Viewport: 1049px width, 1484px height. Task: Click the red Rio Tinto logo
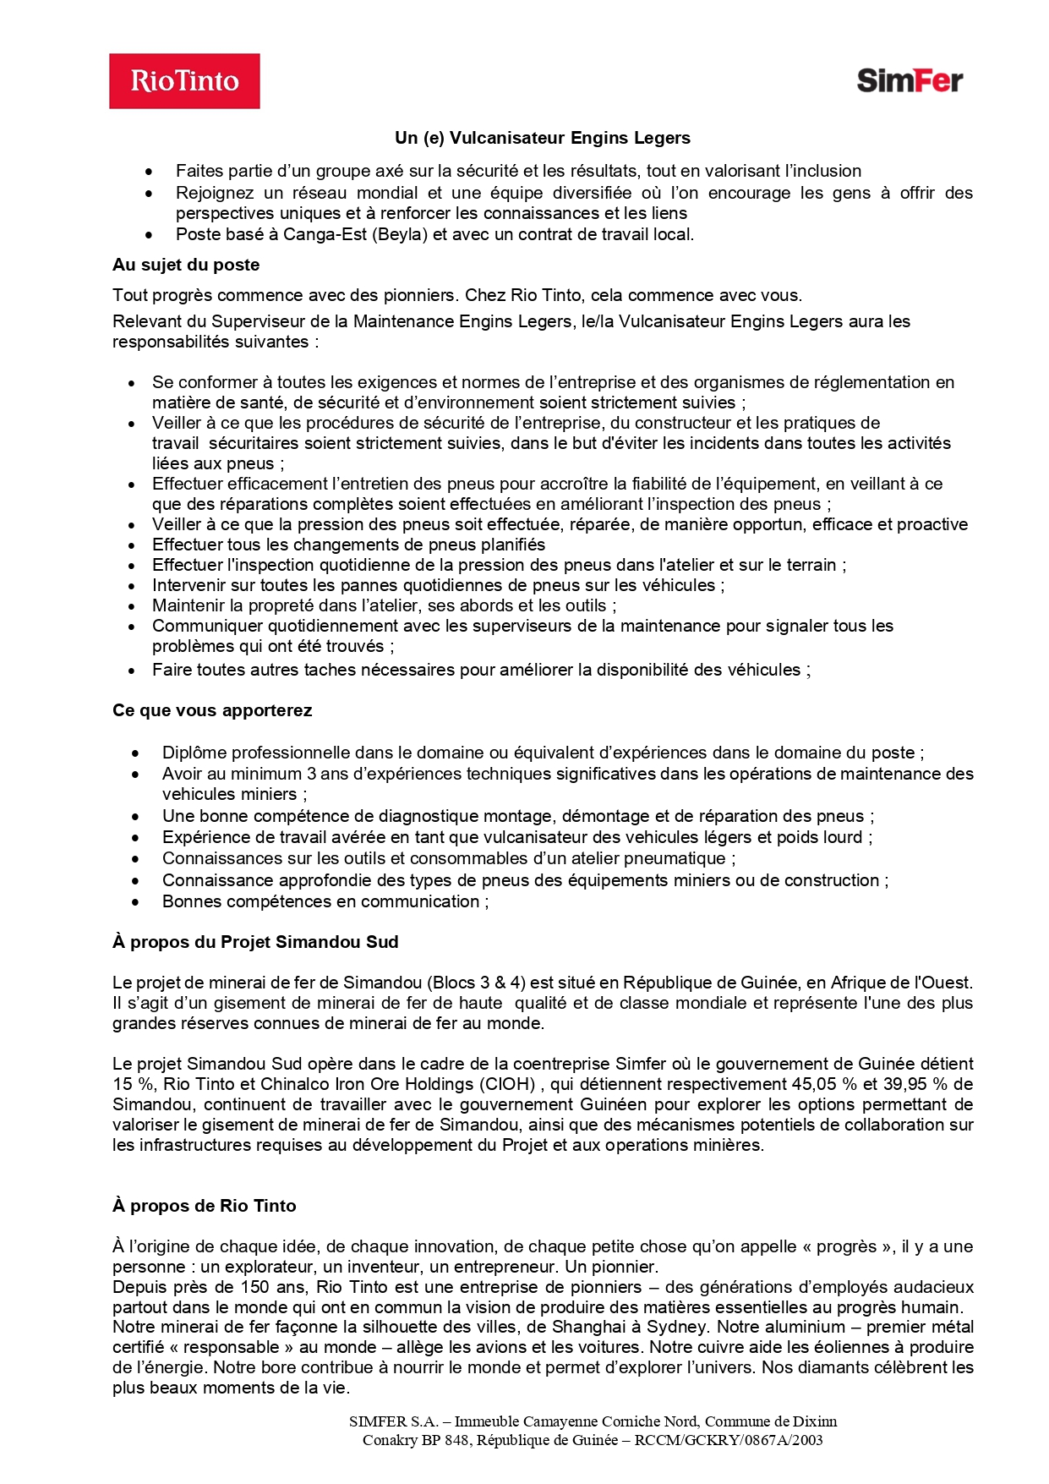(x=184, y=81)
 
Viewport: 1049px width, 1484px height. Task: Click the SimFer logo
(x=909, y=80)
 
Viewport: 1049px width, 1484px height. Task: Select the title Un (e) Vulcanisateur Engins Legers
(x=542, y=138)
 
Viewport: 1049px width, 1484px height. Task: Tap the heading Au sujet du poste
(x=186, y=265)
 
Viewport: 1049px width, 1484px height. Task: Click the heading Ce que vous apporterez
(x=212, y=710)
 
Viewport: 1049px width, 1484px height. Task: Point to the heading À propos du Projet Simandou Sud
(x=255, y=942)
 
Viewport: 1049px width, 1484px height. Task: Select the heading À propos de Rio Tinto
(x=205, y=1206)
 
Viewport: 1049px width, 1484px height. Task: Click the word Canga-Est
(x=325, y=234)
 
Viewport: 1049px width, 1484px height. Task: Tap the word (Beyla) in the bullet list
(x=400, y=234)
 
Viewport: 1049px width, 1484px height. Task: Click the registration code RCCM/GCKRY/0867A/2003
(x=728, y=1440)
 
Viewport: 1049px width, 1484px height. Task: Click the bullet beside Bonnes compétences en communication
(x=136, y=902)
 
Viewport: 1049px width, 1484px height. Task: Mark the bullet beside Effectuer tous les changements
(x=132, y=545)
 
